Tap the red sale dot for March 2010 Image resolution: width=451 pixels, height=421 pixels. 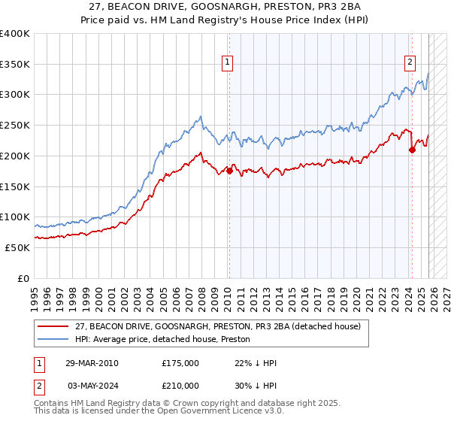[229, 171]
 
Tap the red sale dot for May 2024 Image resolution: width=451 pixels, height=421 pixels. [412, 150]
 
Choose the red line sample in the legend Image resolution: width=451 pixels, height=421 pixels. [53, 326]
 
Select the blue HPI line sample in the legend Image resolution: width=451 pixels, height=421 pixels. [53, 339]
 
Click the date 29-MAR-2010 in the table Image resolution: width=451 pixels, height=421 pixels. [92, 363]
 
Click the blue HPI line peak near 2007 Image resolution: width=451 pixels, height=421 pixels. [200, 117]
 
